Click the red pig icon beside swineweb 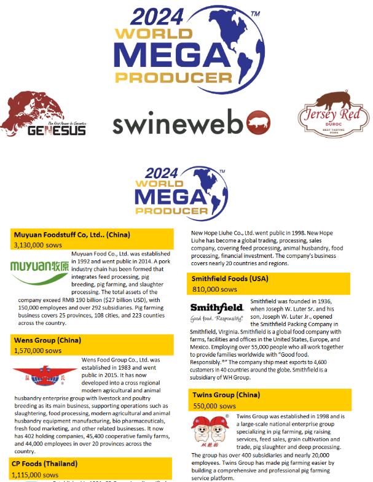pos(258,124)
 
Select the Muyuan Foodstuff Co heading pos(71,235)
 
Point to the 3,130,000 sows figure pos(37,244)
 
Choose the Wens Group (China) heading pos(47,340)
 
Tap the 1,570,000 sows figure pos(37,350)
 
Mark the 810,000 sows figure pos(214,289)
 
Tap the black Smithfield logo pos(216,311)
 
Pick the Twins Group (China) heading pos(226,395)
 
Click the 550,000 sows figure pos(214,406)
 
